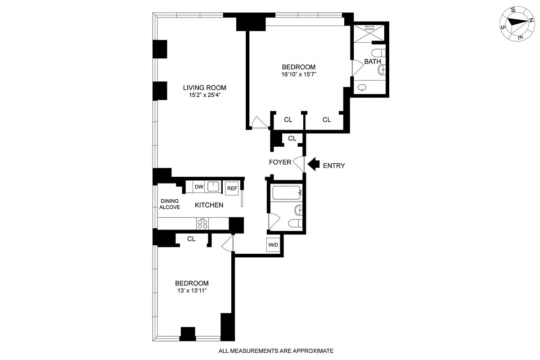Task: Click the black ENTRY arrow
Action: click(313, 165)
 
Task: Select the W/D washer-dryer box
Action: click(273, 245)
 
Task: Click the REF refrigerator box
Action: click(232, 188)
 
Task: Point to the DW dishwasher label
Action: click(199, 187)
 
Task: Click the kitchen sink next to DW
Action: click(214, 186)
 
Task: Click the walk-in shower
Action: click(369, 33)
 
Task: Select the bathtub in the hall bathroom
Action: click(286, 193)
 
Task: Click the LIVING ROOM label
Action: click(204, 88)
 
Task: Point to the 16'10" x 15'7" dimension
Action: click(298, 75)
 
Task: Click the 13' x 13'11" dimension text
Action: click(192, 291)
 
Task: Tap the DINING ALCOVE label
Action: click(170, 204)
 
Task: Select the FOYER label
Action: click(280, 162)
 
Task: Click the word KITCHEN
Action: click(209, 205)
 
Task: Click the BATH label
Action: click(372, 61)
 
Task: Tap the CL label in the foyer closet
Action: click(292, 138)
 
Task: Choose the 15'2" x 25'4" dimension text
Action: click(204, 95)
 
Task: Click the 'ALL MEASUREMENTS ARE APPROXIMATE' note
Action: click(276, 351)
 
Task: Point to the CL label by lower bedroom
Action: click(191, 239)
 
